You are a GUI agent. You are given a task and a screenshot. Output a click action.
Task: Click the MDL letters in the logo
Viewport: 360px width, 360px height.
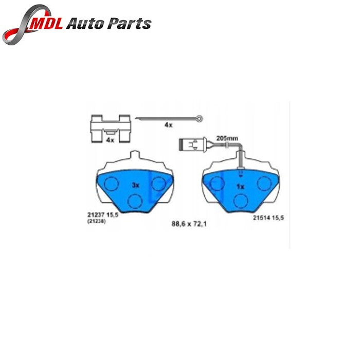[x=45, y=23]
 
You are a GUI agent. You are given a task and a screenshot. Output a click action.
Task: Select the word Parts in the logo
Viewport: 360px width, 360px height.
[x=129, y=24]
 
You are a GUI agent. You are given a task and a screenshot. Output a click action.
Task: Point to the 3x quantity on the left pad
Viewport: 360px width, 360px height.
[x=135, y=185]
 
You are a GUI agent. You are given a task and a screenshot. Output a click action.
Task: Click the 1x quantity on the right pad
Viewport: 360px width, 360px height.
[x=240, y=187]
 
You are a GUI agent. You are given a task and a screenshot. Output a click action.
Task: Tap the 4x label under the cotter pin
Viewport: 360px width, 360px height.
[x=168, y=125]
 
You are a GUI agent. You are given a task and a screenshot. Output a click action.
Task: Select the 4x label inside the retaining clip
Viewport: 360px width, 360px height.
[x=110, y=140]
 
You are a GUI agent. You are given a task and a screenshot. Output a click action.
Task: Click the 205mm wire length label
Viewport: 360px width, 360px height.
[x=227, y=138]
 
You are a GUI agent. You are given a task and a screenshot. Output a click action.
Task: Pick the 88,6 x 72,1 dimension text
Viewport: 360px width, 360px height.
[x=189, y=224]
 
